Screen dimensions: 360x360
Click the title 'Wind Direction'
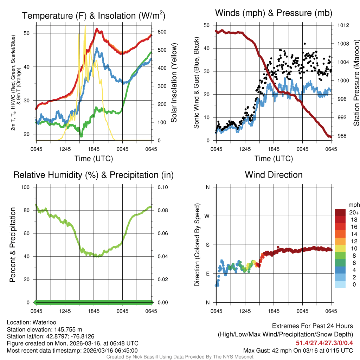[274, 175]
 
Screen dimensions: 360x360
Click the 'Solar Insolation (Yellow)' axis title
[174, 83]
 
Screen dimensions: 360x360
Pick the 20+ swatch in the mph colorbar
[341, 213]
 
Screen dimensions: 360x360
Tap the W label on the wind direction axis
[207, 216]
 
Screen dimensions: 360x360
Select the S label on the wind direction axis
[208, 245]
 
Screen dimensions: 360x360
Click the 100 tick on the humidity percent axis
[27, 187]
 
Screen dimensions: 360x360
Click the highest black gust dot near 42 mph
[305, 44]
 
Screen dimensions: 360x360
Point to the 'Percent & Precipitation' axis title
[13, 245]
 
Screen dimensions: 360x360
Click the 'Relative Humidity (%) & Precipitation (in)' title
[93, 175]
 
